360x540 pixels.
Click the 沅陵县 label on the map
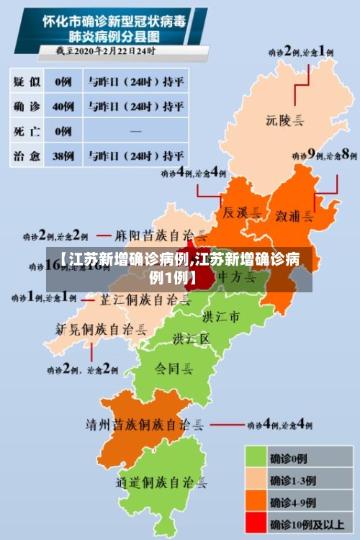pos(284,120)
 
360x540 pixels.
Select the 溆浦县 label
pos(294,215)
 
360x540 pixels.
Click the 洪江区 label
pos(191,338)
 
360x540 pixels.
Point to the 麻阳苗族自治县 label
pos(163,235)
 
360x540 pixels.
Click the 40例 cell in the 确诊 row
pos(64,107)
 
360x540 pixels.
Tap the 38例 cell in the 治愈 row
pos(64,155)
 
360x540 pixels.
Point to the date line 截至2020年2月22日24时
pos(107,51)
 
